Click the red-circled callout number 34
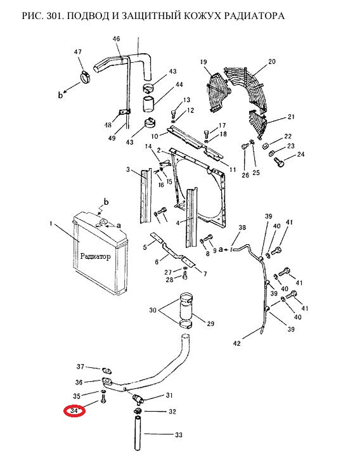tap(74, 411)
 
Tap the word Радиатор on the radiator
tap(95, 256)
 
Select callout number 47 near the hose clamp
tap(77, 52)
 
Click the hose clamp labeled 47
tap(85, 77)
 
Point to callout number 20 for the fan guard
tap(272, 62)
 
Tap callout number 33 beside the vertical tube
tap(179, 435)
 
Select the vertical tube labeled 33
tap(138, 433)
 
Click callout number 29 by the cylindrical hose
tap(210, 323)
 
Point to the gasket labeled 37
tap(106, 370)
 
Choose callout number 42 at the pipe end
tap(237, 344)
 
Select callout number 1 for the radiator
tap(51, 224)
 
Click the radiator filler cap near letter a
tap(103, 223)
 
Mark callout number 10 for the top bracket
tap(155, 136)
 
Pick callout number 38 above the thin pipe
tap(242, 228)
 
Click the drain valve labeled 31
tap(138, 399)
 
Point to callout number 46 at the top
tap(116, 39)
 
